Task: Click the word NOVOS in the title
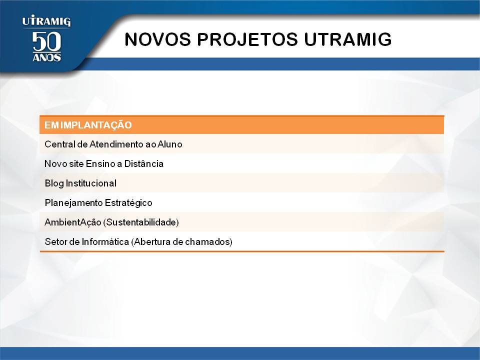point(157,39)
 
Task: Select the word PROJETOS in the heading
point(247,39)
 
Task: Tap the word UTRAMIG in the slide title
point(348,39)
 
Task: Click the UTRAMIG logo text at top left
point(46,21)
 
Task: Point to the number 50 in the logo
point(46,41)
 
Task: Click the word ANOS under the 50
point(46,57)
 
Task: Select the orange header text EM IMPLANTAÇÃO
point(88,125)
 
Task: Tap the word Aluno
point(170,144)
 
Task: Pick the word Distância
point(144,164)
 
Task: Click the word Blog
point(54,183)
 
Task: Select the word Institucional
point(91,183)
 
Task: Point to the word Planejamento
point(73,203)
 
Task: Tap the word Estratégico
point(128,203)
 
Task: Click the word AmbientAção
point(73,222)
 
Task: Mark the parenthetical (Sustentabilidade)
point(141,222)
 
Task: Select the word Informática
point(105,242)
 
